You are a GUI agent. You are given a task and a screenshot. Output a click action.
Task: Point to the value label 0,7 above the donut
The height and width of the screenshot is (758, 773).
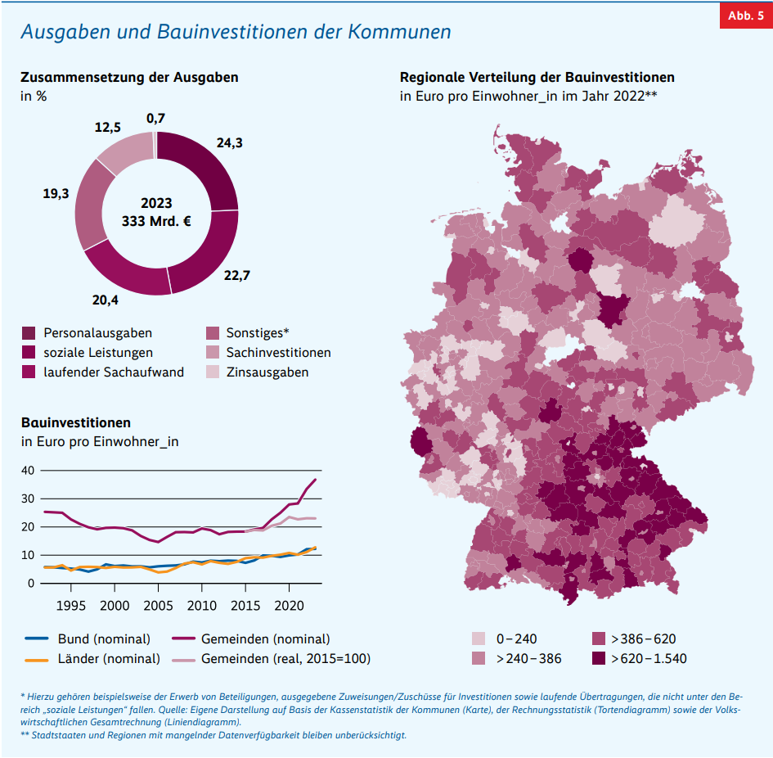[x=155, y=119]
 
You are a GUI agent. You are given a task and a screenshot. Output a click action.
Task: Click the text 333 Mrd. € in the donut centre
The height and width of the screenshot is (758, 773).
[x=155, y=221]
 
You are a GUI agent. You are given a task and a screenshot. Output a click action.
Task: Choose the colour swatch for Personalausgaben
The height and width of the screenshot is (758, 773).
[x=29, y=333]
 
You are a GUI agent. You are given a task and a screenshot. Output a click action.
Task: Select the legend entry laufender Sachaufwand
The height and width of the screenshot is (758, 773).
[x=114, y=372]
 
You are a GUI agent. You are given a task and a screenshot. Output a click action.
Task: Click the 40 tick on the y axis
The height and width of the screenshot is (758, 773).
[x=28, y=471]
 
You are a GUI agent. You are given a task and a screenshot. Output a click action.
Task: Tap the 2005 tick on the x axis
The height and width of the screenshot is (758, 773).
[x=158, y=606]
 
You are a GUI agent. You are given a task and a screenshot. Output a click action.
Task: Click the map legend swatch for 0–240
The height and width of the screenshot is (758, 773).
[x=479, y=639]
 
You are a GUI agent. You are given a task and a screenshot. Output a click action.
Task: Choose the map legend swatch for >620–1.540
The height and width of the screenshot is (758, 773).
[x=599, y=659]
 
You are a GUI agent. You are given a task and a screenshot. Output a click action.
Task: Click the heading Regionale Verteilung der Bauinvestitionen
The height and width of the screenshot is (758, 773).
[x=537, y=78]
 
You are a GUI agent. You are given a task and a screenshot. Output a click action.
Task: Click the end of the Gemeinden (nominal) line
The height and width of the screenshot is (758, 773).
[x=316, y=480]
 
